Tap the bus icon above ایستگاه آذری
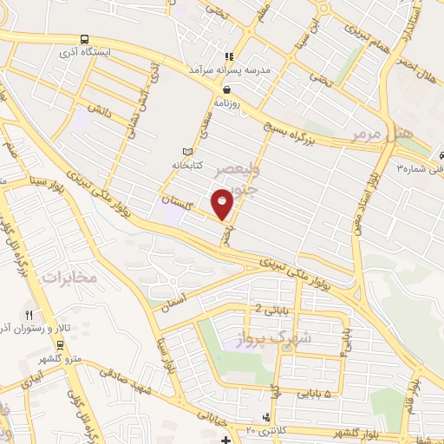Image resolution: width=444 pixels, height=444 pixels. pos(84,39)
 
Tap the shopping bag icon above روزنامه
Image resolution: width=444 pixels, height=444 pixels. pos(226,88)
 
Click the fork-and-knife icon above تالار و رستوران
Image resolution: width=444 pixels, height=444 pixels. pos(29,316)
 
